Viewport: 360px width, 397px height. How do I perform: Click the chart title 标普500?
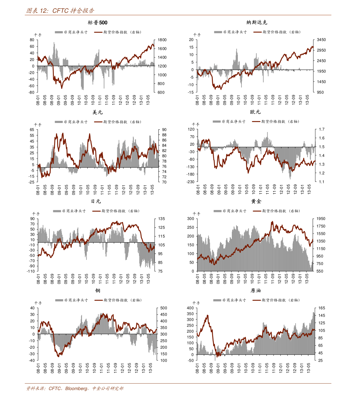(97, 23)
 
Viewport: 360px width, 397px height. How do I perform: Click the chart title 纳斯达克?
(257, 22)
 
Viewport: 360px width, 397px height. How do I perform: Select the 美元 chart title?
(97, 112)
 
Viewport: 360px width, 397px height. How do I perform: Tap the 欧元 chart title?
(255, 112)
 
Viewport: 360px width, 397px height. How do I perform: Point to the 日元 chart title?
(96, 201)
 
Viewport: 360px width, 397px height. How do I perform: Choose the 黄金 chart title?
(256, 201)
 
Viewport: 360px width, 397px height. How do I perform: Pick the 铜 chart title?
(98, 291)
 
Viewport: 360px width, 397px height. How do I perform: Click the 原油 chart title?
(256, 291)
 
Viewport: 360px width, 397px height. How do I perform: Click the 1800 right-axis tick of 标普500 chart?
(162, 40)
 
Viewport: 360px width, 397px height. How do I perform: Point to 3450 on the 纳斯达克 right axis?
(321, 40)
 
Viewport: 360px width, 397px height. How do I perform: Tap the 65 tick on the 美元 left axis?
(32, 130)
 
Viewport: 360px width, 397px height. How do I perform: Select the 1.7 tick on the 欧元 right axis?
(322, 129)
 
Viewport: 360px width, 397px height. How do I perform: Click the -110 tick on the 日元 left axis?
(31, 271)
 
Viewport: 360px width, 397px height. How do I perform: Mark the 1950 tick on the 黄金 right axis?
(321, 219)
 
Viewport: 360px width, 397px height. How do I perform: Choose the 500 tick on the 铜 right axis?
(164, 308)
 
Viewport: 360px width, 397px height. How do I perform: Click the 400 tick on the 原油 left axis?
(190, 308)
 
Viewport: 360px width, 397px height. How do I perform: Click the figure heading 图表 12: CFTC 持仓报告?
(60, 11)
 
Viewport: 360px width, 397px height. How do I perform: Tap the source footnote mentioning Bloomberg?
(75, 389)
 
